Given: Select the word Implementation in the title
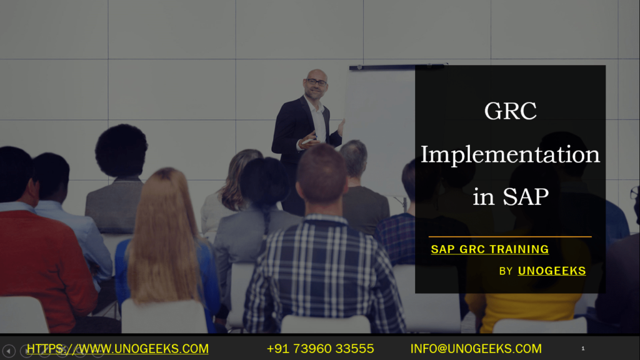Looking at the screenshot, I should coord(510,154).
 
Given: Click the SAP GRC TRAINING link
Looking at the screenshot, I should coord(489,249).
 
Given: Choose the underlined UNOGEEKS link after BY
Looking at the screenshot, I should coord(551,271).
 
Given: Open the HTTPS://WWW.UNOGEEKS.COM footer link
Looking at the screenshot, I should coord(117,349).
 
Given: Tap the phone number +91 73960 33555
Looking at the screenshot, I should coord(320,349).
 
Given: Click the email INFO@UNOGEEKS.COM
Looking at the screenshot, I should coord(476,349).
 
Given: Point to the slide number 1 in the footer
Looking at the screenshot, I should coord(582,348).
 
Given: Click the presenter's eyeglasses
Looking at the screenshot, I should coord(316,82).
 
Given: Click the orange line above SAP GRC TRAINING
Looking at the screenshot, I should coord(509,237).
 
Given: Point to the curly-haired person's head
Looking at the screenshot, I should coord(121,151).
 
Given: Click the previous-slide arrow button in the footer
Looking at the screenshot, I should coord(9,351).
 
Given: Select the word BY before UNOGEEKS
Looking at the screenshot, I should coord(506,271).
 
